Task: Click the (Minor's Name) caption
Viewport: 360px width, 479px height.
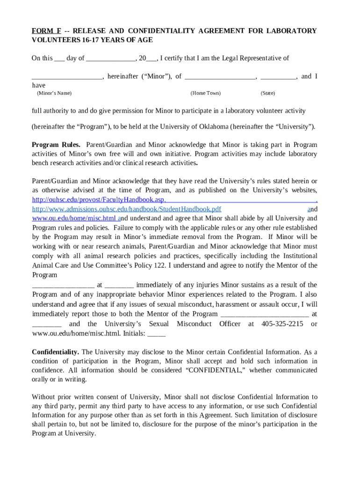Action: pos(54,93)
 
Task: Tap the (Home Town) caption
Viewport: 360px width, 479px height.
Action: pos(205,93)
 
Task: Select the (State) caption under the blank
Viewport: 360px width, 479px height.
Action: pos(267,93)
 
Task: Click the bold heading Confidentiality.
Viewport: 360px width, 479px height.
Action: pos(55,352)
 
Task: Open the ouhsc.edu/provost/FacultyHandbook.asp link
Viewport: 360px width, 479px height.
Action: pos(99,200)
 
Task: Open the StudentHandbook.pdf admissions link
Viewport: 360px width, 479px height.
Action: pos(126,209)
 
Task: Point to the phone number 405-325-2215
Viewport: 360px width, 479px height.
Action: pos(282,324)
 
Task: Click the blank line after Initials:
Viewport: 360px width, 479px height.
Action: pos(157,334)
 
